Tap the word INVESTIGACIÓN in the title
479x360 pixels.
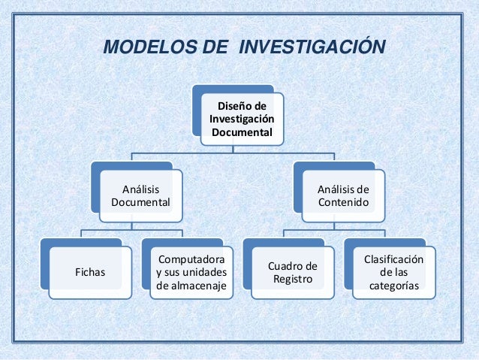click(x=311, y=50)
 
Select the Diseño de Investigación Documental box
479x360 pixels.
click(x=242, y=119)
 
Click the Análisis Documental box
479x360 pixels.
click(x=140, y=195)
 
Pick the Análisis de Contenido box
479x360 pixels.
click(x=343, y=195)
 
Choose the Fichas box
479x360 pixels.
click(x=88, y=271)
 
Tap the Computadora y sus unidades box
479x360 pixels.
click(x=190, y=271)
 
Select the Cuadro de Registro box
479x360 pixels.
click(x=292, y=273)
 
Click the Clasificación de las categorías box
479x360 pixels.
click(x=393, y=271)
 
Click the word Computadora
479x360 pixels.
click(x=190, y=259)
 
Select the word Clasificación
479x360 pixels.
click(x=393, y=259)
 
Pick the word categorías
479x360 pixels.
click(x=394, y=286)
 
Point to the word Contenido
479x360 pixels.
click(x=343, y=202)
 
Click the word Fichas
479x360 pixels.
click(x=88, y=271)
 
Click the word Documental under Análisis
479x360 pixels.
click(x=140, y=202)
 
